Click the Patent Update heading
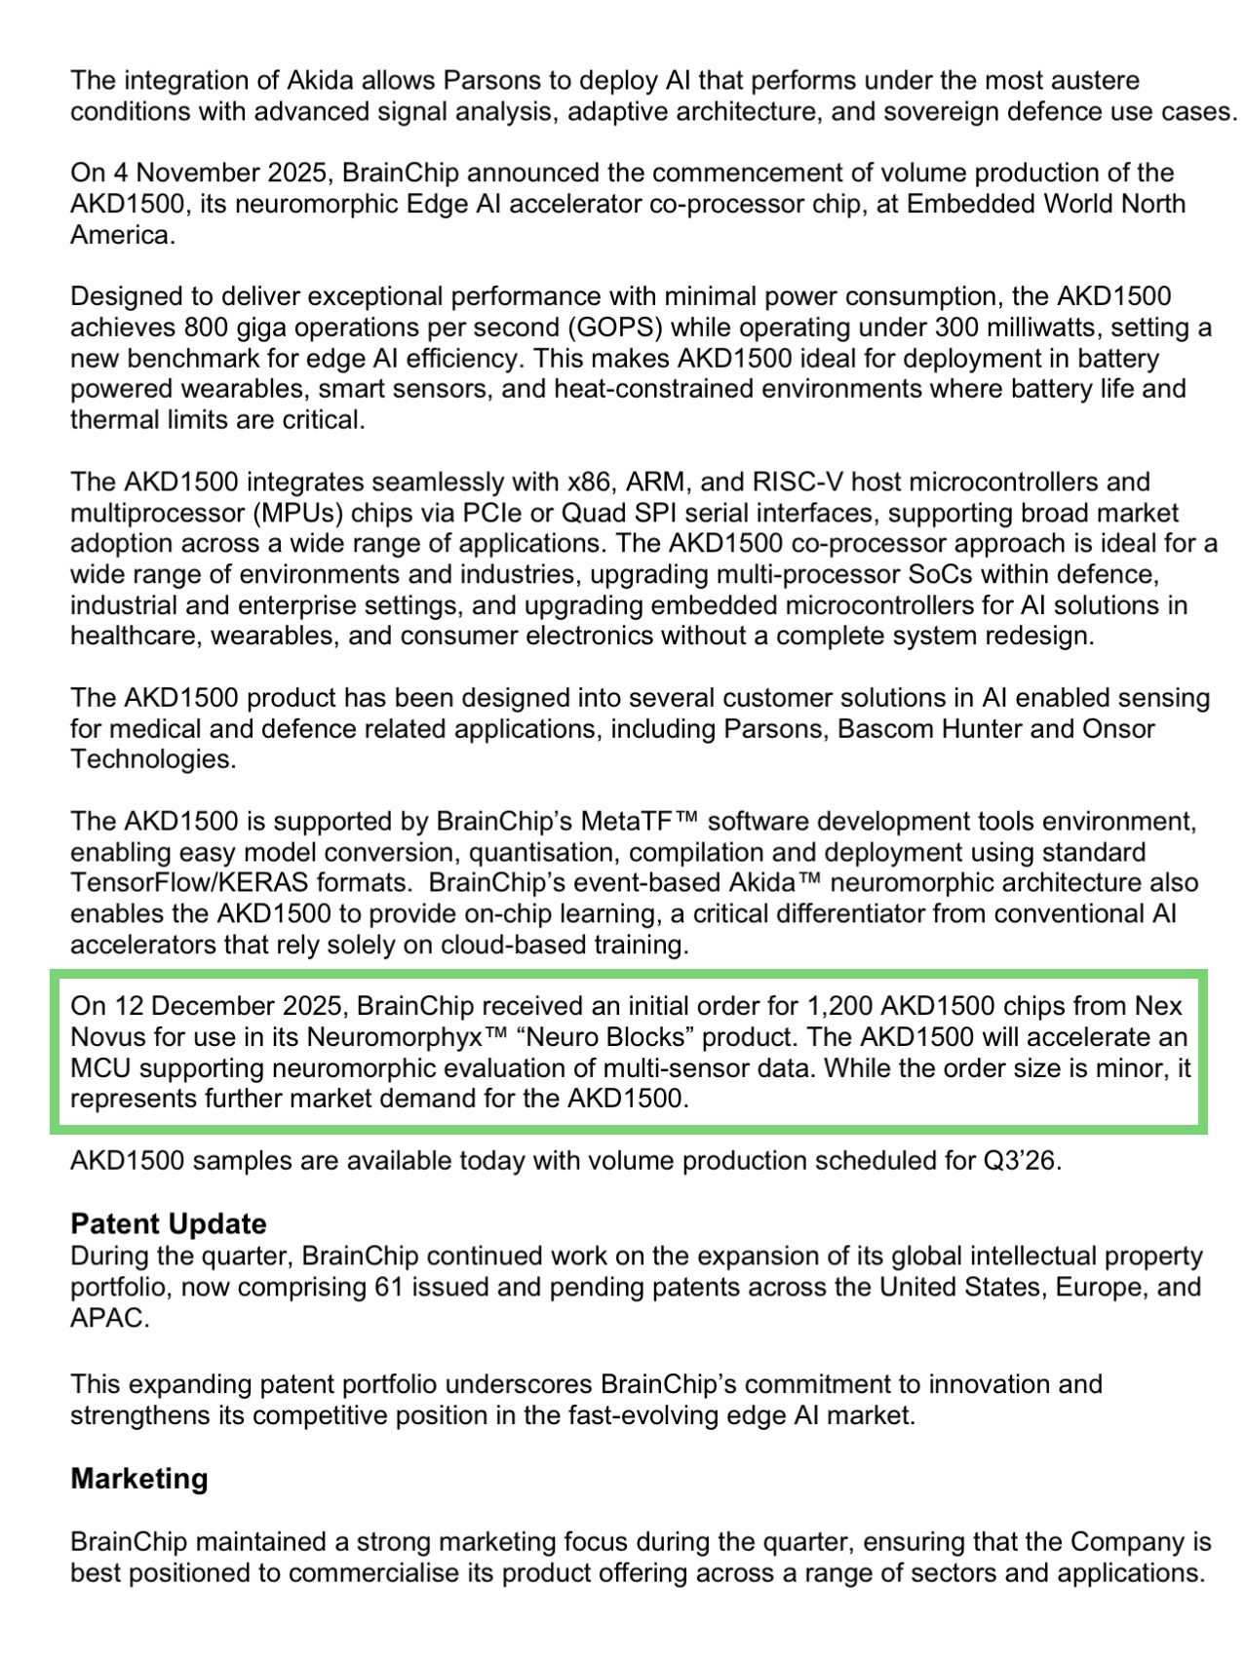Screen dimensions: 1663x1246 pyautogui.click(x=168, y=1224)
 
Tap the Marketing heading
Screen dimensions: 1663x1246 pyautogui.click(x=138, y=1479)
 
